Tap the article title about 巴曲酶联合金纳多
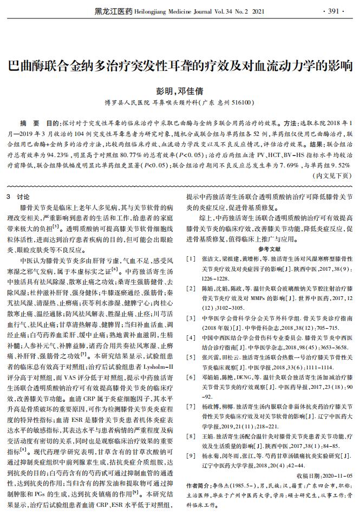[179, 66]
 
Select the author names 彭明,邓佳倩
[179, 90]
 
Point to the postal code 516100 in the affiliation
[240, 102]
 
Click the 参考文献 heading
[269, 249]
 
